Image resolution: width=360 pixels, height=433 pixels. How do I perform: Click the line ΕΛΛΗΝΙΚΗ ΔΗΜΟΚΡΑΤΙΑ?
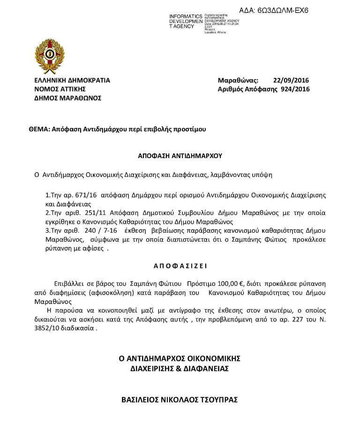pyautogui.click(x=72, y=80)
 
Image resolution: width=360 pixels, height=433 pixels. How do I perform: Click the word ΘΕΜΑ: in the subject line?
pyautogui.click(x=39, y=128)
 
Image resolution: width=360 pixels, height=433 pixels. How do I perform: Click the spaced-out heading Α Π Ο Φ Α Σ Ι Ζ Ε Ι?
pyautogui.click(x=180, y=266)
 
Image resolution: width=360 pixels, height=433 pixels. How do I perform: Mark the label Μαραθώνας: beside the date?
pyautogui.click(x=238, y=80)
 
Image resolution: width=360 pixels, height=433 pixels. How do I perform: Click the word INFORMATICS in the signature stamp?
pyautogui.click(x=186, y=16)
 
